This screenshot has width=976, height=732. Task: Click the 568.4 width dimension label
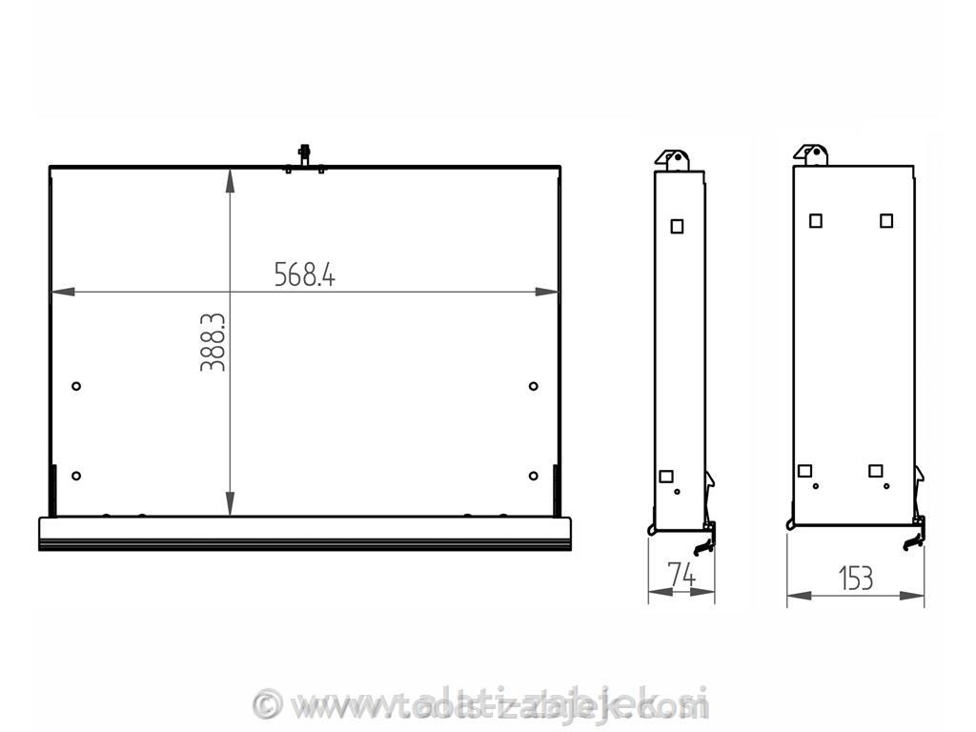[305, 274]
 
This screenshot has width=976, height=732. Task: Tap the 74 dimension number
[681, 575]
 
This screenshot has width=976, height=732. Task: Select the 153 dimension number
[855, 578]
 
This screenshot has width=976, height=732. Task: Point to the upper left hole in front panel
[76, 386]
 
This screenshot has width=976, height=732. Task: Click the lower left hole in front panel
[76, 476]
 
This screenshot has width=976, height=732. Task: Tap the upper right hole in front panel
[533, 386]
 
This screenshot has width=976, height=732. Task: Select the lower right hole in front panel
[533, 476]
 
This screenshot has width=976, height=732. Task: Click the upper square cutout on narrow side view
[677, 226]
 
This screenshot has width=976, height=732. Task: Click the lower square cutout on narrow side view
[666, 476]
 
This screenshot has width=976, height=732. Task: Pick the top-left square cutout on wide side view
[816, 220]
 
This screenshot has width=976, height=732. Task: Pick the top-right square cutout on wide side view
[886, 220]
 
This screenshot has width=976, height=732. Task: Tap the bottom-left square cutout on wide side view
[804, 470]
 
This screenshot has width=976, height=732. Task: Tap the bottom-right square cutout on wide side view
[876, 470]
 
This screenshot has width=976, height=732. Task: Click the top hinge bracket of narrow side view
[674, 158]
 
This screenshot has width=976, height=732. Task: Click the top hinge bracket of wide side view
[812, 154]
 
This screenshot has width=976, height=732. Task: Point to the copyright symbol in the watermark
[270, 704]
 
